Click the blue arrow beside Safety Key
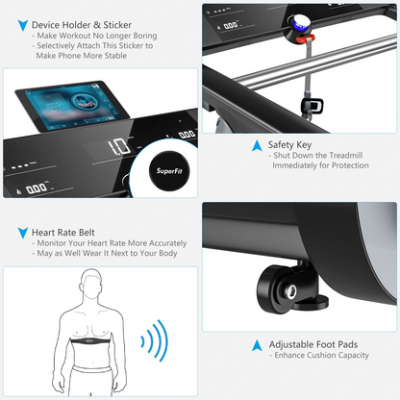pos(257,146)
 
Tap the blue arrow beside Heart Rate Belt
pos(21,233)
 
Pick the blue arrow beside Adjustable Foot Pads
pos(257,344)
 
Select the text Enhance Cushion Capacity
pos(319,357)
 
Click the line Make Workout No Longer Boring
pos(94,36)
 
